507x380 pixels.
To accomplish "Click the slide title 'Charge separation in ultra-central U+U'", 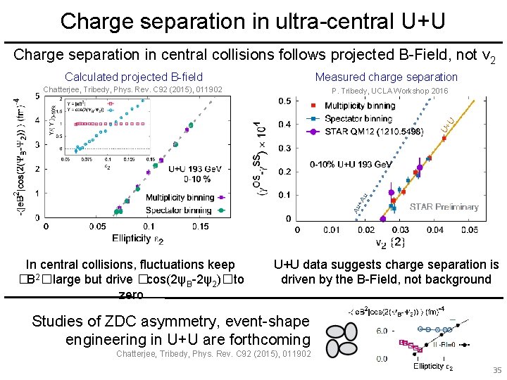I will pyautogui.click(x=253, y=20).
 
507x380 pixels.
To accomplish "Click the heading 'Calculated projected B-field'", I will pyautogui.click(x=134, y=77).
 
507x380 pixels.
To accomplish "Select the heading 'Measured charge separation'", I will pyautogui.click(x=386, y=77).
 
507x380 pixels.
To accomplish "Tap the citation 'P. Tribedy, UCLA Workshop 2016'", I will pyautogui.click(x=389, y=91).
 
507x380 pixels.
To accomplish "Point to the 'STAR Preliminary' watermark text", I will pyautogui.click(x=444, y=207).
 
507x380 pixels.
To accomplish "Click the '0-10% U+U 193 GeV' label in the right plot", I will pyautogui.click(x=351, y=164).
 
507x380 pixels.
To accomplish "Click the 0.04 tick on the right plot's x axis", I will pyautogui.click(x=434, y=230).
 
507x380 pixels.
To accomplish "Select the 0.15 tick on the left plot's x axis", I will pyautogui.click(x=200, y=227).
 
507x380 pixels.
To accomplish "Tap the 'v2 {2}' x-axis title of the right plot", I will pyautogui.click(x=388, y=243).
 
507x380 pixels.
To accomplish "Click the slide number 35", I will pyautogui.click(x=496, y=370).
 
